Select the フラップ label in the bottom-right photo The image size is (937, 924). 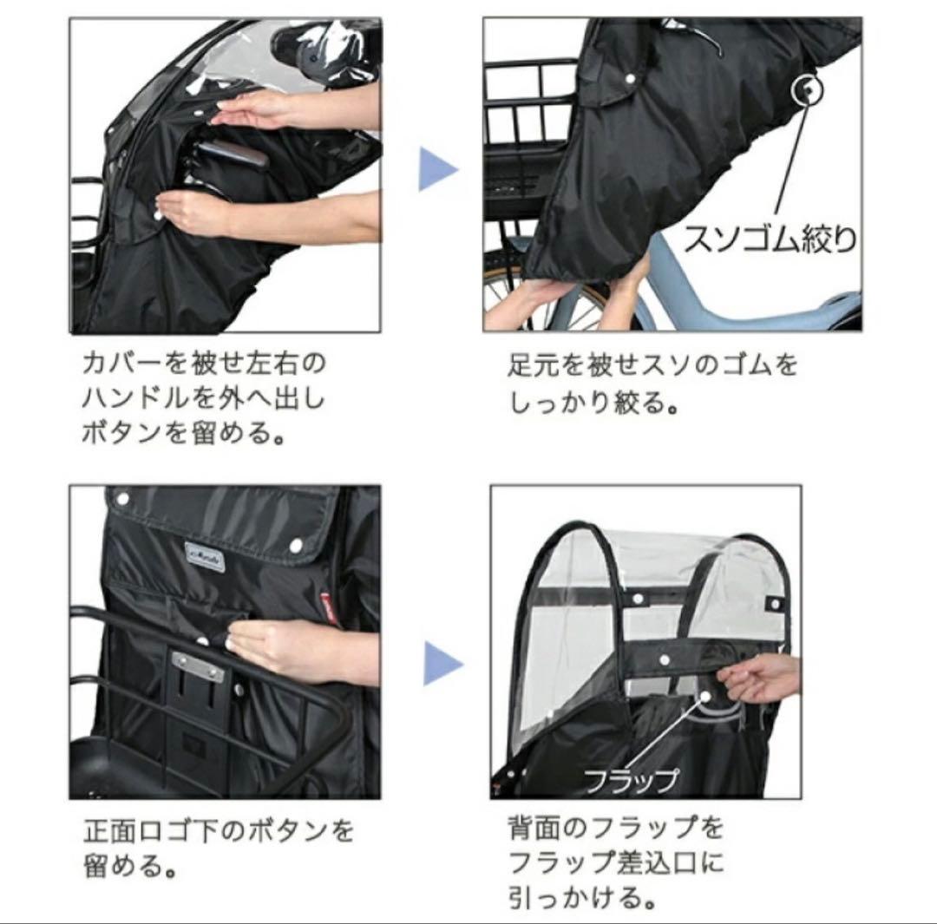tap(630, 778)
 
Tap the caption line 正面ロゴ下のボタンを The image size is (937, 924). tap(219, 831)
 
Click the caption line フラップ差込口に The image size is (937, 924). tap(614, 862)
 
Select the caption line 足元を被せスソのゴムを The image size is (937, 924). tap(652, 364)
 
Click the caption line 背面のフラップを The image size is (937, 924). tap(614, 829)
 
